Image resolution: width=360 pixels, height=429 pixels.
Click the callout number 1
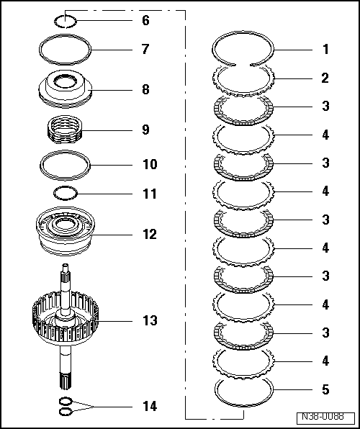coord(325,50)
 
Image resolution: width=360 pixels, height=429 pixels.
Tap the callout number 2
coord(325,78)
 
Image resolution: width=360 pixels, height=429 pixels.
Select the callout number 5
coord(325,389)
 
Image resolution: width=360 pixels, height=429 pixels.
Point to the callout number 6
coord(145,21)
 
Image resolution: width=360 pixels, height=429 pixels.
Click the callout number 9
coord(145,130)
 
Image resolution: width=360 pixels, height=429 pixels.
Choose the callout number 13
coord(150,320)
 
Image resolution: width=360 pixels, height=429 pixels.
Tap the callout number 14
coord(150,406)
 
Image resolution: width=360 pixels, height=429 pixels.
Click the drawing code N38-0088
coord(323,417)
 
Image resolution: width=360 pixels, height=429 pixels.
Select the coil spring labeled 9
coord(65,129)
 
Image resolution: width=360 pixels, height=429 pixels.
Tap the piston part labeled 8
coord(65,89)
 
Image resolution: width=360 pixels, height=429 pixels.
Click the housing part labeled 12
coord(65,232)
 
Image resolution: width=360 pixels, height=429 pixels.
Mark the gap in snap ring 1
coord(243,65)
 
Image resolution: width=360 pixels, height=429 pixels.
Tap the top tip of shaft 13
coord(65,265)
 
